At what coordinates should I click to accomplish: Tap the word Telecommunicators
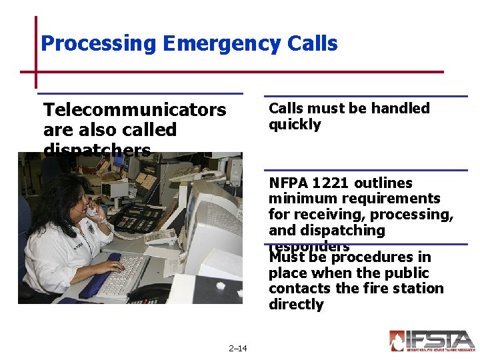[134, 109]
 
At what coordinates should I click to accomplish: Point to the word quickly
[295, 125]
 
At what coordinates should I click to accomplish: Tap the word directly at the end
[296, 305]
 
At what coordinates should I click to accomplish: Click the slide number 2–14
[237, 348]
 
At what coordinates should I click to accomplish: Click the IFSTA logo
[431, 341]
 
